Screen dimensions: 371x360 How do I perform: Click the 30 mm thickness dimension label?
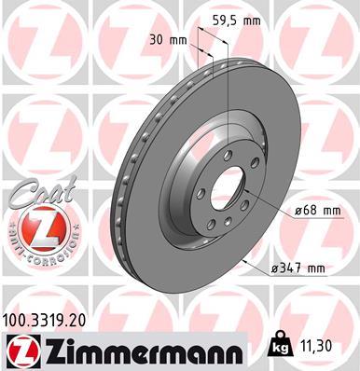click(169, 40)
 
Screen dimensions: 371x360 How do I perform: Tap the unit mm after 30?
click(178, 40)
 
